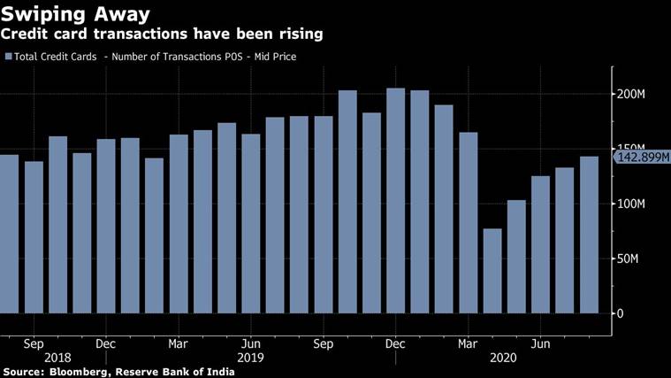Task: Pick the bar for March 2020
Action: coord(469,222)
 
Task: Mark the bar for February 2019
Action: coord(155,235)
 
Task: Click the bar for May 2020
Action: coord(516,256)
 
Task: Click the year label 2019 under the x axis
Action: coord(250,358)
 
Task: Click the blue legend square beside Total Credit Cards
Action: coord(9,57)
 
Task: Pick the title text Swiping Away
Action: coord(74,14)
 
